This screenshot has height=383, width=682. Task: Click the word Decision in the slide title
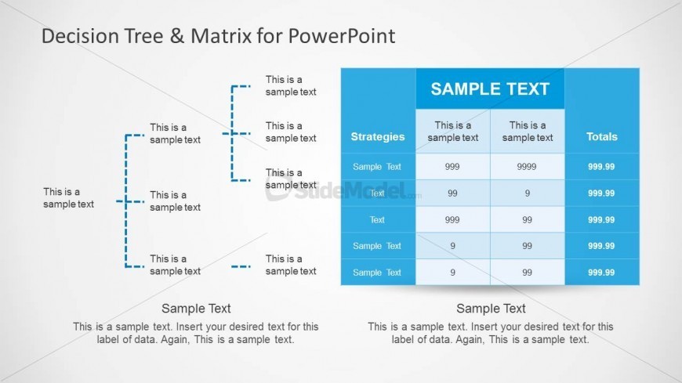pyautogui.click(x=80, y=36)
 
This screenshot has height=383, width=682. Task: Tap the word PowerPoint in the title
pyautogui.click(x=342, y=36)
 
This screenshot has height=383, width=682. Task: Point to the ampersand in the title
pyautogui.click(x=177, y=36)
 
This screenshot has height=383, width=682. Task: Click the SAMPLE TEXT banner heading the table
pyautogui.click(x=490, y=89)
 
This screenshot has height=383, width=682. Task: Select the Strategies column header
pyautogui.click(x=378, y=137)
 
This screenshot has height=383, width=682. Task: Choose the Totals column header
pyautogui.click(x=601, y=137)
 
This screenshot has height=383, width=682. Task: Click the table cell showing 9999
pyautogui.click(x=527, y=167)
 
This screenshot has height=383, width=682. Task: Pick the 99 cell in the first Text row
pyautogui.click(x=452, y=193)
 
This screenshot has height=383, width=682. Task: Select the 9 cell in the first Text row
pyautogui.click(x=527, y=193)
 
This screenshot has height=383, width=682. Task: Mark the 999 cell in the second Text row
pyautogui.click(x=452, y=220)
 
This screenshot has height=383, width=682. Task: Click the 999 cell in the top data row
pyautogui.click(x=452, y=167)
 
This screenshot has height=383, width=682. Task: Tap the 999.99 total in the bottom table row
pyautogui.click(x=601, y=273)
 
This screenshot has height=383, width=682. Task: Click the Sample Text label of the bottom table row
pyautogui.click(x=376, y=273)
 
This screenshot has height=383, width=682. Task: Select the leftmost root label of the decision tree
pyautogui.click(x=68, y=198)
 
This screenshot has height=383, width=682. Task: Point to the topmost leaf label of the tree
pyautogui.click(x=291, y=85)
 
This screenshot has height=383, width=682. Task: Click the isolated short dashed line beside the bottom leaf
pyautogui.click(x=241, y=266)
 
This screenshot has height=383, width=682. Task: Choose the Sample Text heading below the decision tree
pyautogui.click(x=196, y=309)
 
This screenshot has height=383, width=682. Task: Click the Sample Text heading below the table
pyautogui.click(x=491, y=309)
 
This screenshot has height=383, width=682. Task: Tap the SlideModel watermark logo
pyautogui.click(x=343, y=190)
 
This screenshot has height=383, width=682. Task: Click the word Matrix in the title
pyautogui.click(x=221, y=36)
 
